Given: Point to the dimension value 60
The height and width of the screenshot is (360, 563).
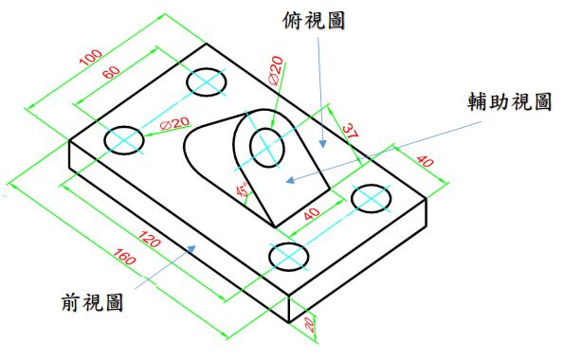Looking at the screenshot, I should (112, 74).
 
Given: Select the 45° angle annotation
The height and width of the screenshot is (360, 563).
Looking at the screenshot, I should (242, 190).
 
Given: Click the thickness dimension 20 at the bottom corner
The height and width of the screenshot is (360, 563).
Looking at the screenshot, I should (310, 325).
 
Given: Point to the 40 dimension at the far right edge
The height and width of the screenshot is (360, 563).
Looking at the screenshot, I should (424, 163).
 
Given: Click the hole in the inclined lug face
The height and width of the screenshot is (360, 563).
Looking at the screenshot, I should (267, 147).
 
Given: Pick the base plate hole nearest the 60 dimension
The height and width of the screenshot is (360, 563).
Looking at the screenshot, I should (207, 82).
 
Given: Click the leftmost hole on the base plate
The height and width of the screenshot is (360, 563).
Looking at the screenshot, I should (125, 140).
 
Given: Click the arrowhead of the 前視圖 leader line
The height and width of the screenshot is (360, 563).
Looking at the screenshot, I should (195, 246).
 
